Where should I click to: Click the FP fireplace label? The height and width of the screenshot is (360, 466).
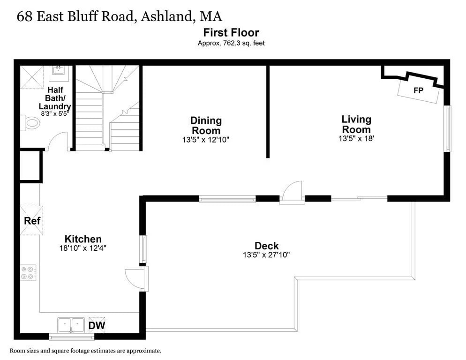pyautogui.click(x=418, y=90)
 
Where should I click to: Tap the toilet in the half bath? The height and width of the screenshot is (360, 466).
pyautogui.click(x=31, y=123)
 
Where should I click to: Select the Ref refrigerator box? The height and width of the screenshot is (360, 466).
pyautogui.click(x=32, y=220)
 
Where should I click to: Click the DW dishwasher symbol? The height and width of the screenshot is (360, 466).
pyautogui.click(x=97, y=325)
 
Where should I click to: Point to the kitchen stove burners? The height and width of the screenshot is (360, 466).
pyautogui.click(x=28, y=273)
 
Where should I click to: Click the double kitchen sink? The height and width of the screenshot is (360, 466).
pyautogui.click(x=71, y=324)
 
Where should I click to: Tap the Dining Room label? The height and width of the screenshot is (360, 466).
pyautogui.click(x=206, y=126)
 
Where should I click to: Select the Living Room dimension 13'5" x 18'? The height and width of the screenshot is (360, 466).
pyautogui.click(x=356, y=139)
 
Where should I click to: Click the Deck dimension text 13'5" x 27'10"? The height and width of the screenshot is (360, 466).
pyautogui.click(x=266, y=255)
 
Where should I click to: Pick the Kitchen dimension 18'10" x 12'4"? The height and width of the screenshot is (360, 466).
pyautogui.click(x=83, y=248)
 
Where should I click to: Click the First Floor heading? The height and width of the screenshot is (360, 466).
pyautogui.click(x=231, y=32)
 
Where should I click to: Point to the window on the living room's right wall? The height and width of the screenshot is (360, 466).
pyautogui.click(x=448, y=128)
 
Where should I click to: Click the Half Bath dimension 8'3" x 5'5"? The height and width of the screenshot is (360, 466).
pyautogui.click(x=55, y=113)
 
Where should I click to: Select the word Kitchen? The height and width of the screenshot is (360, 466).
pyautogui.click(x=83, y=239)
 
